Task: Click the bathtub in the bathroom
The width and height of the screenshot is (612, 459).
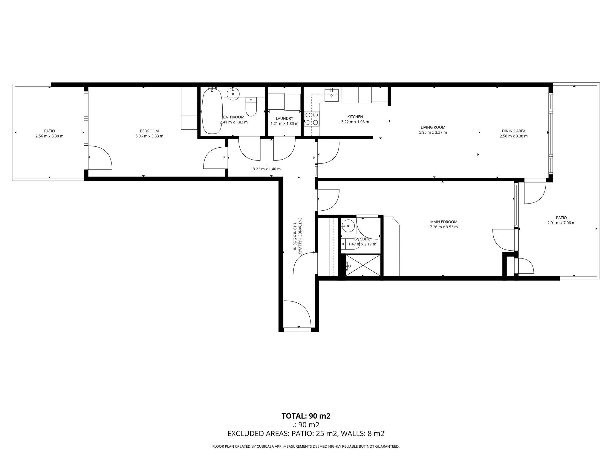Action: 212,111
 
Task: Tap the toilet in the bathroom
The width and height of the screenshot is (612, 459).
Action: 251,107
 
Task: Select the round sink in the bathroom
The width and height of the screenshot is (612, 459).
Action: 233,94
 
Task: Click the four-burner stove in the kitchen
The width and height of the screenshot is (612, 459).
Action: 312,119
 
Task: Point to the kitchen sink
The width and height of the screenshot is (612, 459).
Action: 332,95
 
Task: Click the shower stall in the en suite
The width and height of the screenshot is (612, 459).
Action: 363,265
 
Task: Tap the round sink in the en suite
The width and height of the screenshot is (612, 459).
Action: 348,226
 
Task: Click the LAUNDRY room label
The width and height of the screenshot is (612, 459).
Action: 284,119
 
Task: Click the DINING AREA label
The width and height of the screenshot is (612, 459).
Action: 514,131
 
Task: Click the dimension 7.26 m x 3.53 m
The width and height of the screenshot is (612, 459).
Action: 444,227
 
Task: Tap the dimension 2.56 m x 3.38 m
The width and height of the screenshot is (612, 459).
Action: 49,136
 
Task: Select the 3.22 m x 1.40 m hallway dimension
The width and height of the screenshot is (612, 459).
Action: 267,169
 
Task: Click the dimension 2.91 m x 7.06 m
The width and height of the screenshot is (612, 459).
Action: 561,223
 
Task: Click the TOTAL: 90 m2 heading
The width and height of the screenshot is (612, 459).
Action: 306,416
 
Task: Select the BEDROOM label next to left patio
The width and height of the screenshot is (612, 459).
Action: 149,131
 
